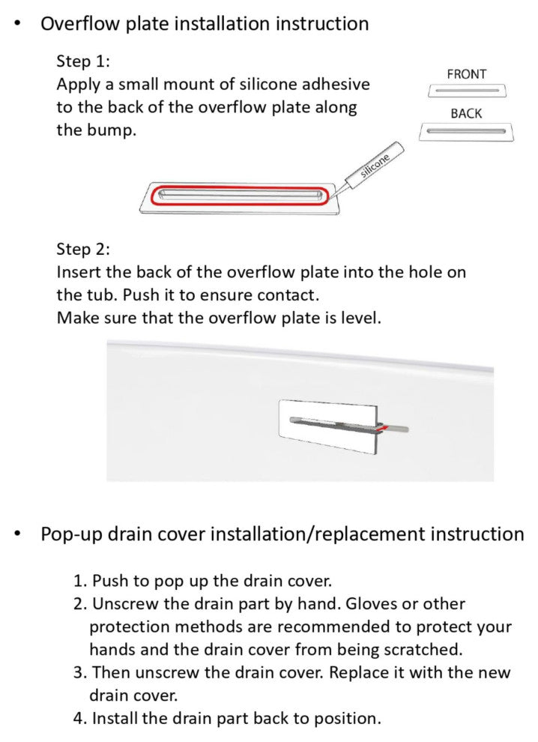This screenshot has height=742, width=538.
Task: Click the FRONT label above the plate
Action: pos(466,74)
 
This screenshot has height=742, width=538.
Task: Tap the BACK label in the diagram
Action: pos(466,114)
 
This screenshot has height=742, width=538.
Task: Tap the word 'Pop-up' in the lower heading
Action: pos(71,534)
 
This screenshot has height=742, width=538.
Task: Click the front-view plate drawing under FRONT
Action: pos(466,91)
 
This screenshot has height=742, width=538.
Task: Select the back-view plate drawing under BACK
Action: pos(466,131)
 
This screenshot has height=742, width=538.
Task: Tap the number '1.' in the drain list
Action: pos(80,581)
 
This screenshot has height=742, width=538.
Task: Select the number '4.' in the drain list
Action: pos(80,718)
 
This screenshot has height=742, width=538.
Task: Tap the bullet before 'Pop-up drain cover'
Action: pos(19,534)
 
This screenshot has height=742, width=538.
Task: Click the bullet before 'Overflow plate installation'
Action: pos(19,23)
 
